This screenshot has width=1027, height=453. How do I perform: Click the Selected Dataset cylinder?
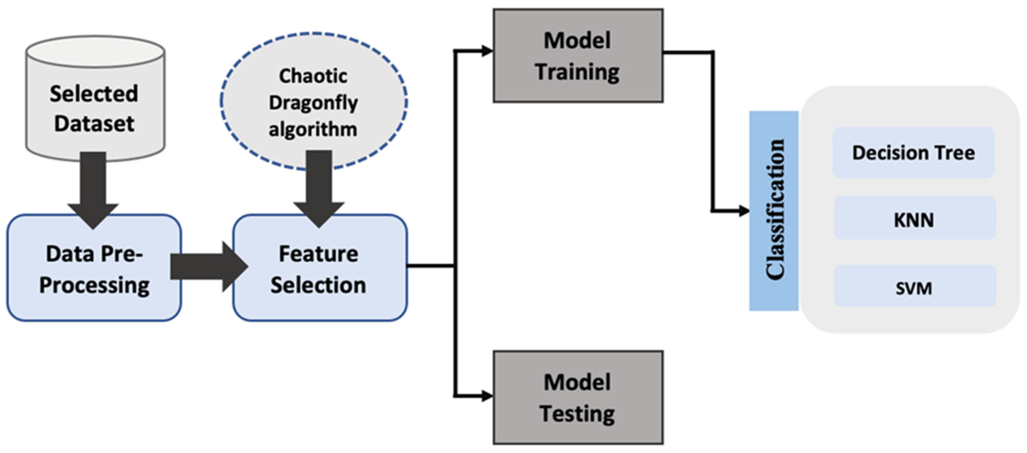[x=95, y=100]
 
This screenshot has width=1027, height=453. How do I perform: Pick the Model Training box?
[x=578, y=56]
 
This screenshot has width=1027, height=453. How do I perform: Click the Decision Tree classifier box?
[x=913, y=153]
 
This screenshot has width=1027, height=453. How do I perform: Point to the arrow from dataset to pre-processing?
[x=94, y=187]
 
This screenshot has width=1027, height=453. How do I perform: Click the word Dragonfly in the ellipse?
[x=314, y=103]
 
